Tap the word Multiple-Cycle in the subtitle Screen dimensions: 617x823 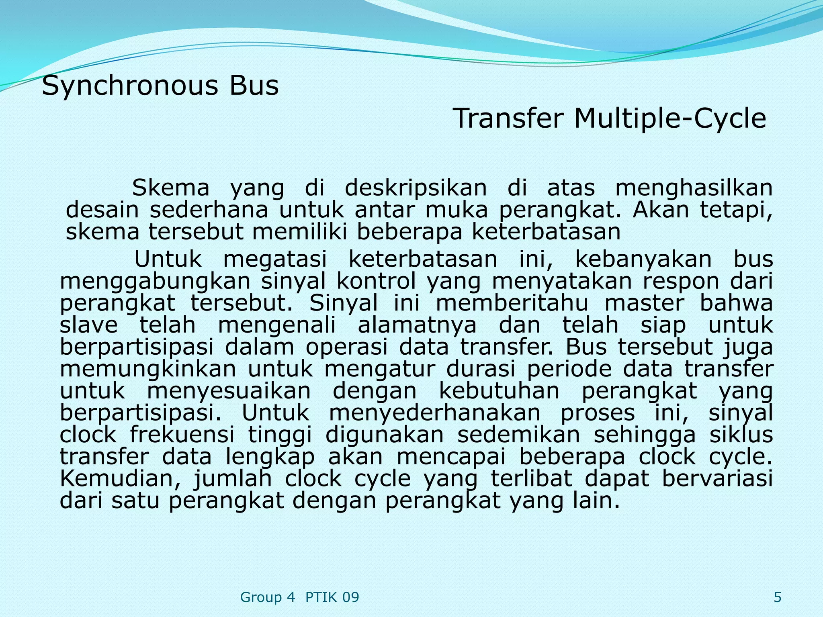point(670,119)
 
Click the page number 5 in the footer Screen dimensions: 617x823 point(777,597)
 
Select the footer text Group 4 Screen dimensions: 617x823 point(267,597)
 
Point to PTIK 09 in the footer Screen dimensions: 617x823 point(332,597)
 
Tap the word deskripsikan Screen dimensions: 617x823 point(416,188)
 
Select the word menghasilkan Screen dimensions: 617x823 point(694,188)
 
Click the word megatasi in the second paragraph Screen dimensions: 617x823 point(275,259)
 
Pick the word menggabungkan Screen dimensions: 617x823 point(155,281)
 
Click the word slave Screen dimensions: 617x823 point(89,325)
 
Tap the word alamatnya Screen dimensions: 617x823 point(417,325)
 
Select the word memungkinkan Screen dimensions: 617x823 point(148,369)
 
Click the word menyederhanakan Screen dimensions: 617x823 point(434,413)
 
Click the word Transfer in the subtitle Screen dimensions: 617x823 point(508,119)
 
